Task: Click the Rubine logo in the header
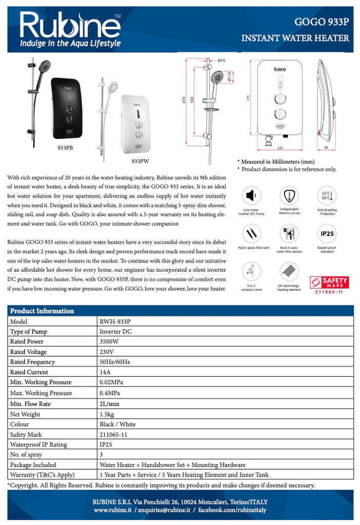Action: pyautogui.click(x=70, y=29)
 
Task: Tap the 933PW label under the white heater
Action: pyautogui.click(x=140, y=161)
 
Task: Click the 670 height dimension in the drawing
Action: pyautogui.click(x=184, y=101)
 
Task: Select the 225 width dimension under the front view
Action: pyautogui.click(x=280, y=148)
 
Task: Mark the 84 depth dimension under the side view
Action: pyautogui.click(x=327, y=148)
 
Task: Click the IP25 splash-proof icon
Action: pyautogui.click(x=327, y=234)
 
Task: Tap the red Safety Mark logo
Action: pyautogui.click(x=328, y=283)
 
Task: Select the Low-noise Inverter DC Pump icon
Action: pyautogui.click(x=251, y=196)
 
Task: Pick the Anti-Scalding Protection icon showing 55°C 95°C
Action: pyautogui.click(x=327, y=196)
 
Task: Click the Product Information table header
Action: pyautogui.click(x=42, y=311)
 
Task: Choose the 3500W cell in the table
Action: pyautogui.click(x=109, y=341)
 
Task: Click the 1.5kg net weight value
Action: pyautogui.click(x=107, y=414)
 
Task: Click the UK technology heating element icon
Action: pyautogui.click(x=289, y=271)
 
